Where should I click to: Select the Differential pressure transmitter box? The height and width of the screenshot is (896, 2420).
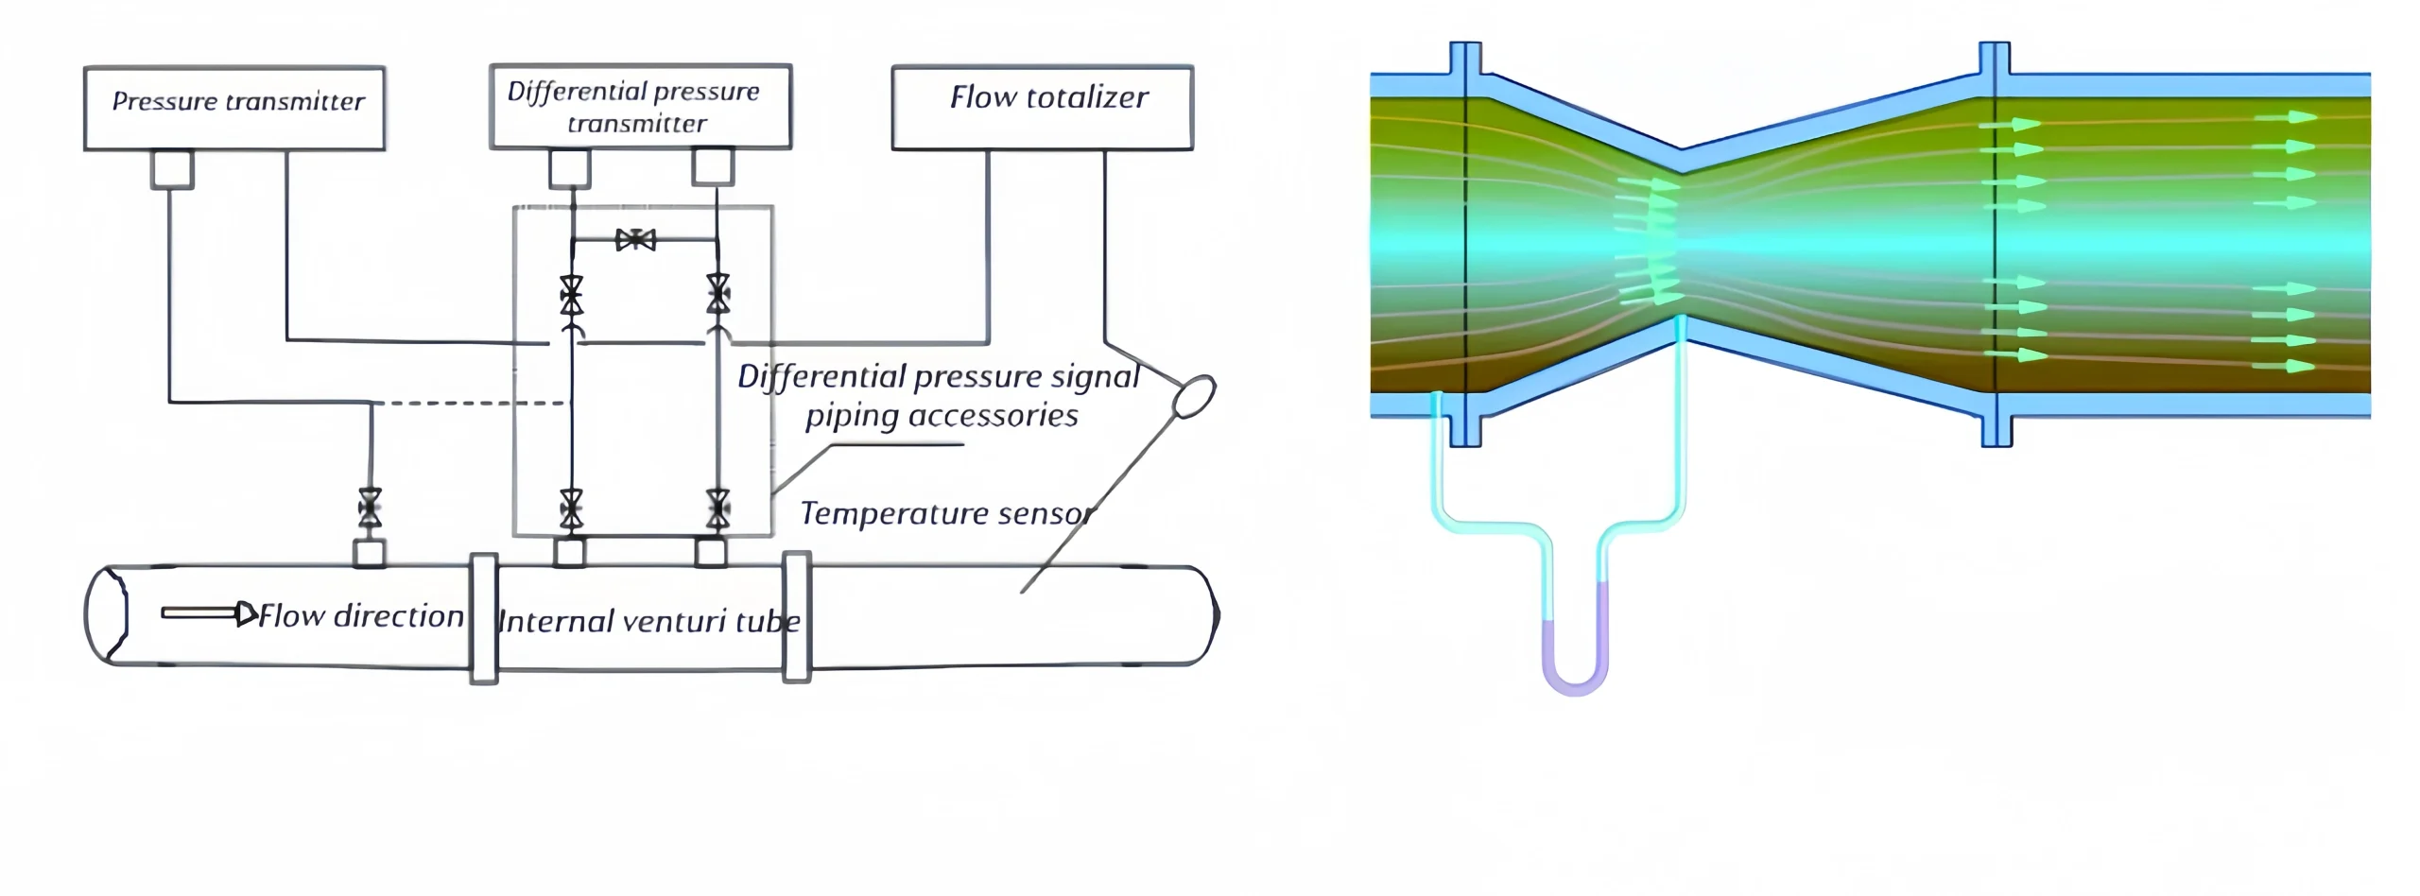pyautogui.click(x=640, y=107)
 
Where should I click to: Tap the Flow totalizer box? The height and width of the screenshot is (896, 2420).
pyautogui.click(x=1043, y=107)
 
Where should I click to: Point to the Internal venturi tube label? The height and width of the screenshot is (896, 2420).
pyautogui.click(x=648, y=621)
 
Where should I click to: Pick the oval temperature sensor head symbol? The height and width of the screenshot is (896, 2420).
pyautogui.click(x=1194, y=396)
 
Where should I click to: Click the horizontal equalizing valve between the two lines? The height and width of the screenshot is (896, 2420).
pyautogui.click(x=635, y=240)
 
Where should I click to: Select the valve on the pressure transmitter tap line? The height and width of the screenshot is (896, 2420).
pyautogui.click(x=370, y=508)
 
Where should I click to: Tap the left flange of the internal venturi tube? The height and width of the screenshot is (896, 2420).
pyautogui.click(x=484, y=618)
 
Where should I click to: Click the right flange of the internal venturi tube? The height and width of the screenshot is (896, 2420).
pyautogui.click(x=797, y=617)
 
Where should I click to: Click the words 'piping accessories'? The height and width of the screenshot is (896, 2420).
pyautogui.click(x=942, y=416)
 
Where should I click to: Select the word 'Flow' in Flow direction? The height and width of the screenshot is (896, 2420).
pyautogui.click(x=292, y=616)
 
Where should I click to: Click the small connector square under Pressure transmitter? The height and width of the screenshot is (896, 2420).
pyautogui.click(x=172, y=170)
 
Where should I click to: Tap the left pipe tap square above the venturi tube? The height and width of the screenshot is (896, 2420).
pyautogui.click(x=569, y=552)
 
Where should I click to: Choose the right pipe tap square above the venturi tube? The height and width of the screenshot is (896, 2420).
pyautogui.click(x=711, y=552)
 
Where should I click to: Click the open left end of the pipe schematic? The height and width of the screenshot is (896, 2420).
pyautogui.click(x=106, y=614)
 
